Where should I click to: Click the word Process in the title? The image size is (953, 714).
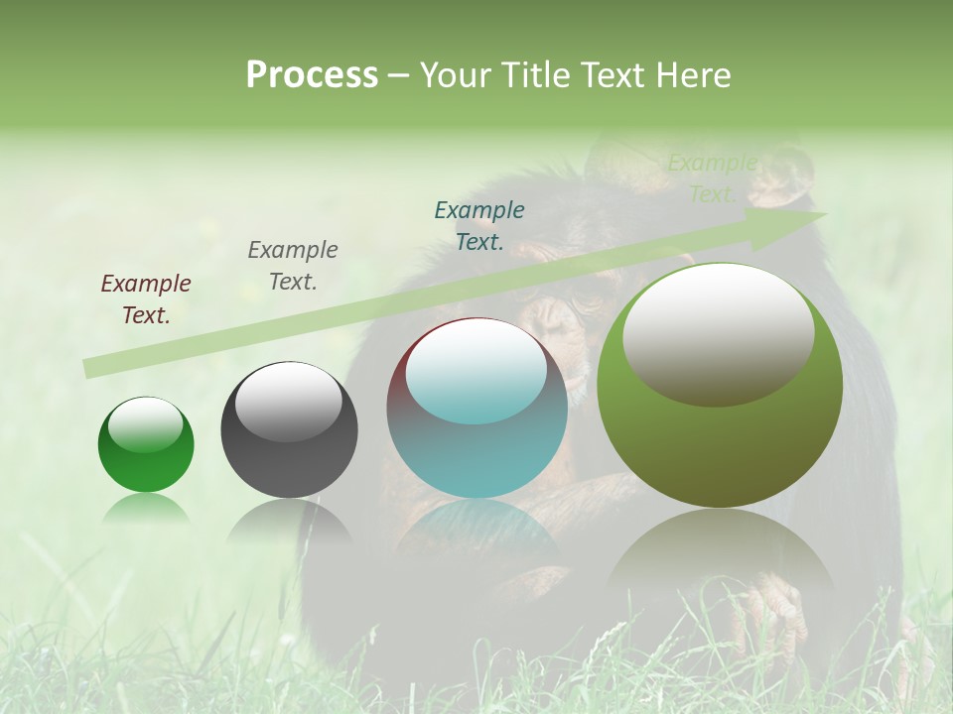[312, 75]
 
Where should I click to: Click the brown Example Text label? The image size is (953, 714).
[146, 298]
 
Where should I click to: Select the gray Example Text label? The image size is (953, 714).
[293, 265]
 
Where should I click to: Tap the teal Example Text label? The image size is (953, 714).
[479, 225]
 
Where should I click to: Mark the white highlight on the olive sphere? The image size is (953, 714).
[718, 332]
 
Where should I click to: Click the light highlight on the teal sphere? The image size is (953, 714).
[476, 370]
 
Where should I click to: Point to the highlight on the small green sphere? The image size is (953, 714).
[146, 425]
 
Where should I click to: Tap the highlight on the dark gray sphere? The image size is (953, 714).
[289, 401]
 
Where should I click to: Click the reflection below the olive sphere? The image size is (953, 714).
[720, 555]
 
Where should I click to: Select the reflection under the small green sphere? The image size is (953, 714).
[146, 509]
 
